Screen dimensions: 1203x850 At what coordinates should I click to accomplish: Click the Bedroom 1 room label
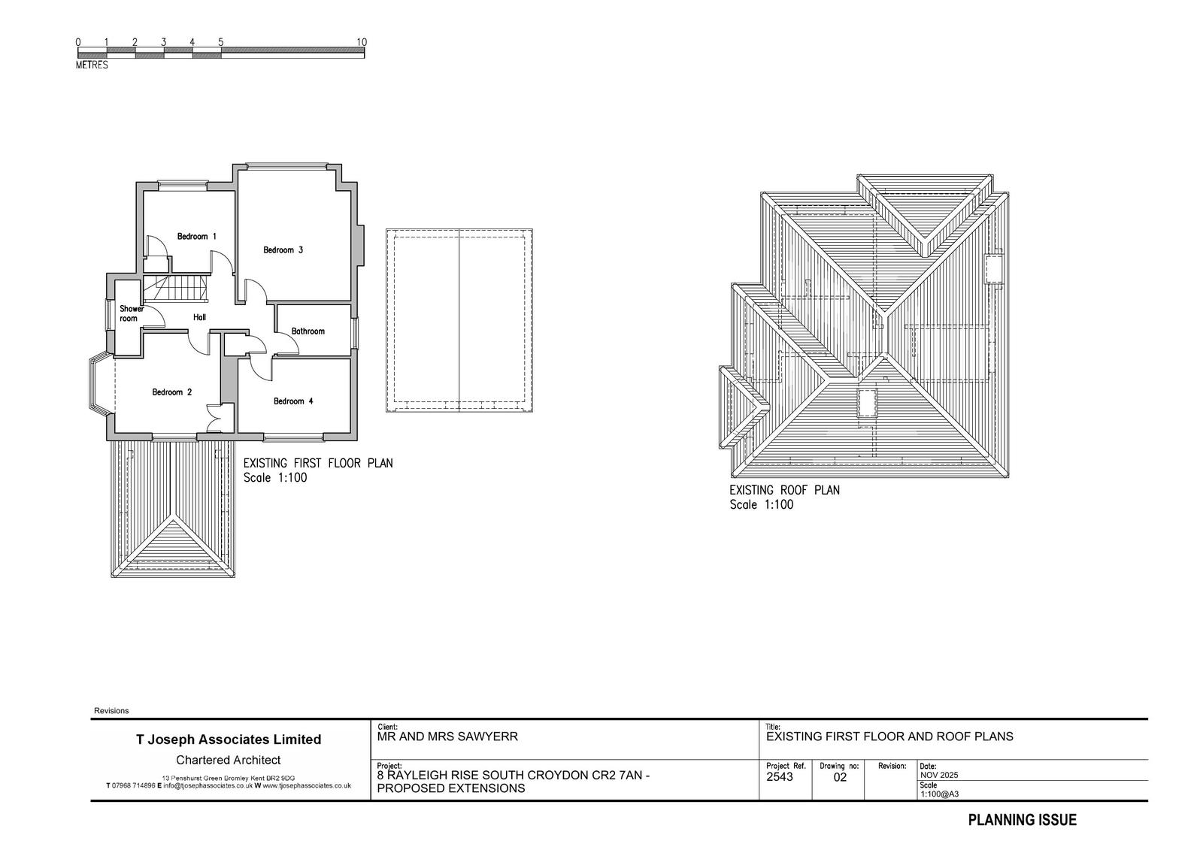pyautogui.click(x=196, y=236)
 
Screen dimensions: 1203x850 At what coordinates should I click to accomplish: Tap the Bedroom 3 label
pyautogui.click(x=283, y=250)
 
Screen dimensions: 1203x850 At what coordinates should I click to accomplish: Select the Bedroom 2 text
pyautogui.click(x=172, y=392)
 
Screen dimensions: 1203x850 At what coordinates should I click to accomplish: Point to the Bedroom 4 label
pyautogui.click(x=293, y=401)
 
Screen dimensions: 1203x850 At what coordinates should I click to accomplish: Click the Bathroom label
pyautogui.click(x=308, y=331)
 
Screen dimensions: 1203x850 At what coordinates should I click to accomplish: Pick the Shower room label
pyautogui.click(x=131, y=313)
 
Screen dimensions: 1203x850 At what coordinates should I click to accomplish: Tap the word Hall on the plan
pyautogui.click(x=199, y=317)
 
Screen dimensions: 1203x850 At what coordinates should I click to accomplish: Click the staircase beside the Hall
pyautogui.click(x=176, y=289)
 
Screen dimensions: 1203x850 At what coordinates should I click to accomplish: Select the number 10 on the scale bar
pyautogui.click(x=362, y=42)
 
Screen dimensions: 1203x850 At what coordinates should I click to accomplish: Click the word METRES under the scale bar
pyautogui.click(x=92, y=65)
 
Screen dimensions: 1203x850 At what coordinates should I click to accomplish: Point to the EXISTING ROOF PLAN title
pyautogui.click(x=784, y=490)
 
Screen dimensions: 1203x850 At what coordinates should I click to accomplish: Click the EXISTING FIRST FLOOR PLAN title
pyautogui.click(x=318, y=463)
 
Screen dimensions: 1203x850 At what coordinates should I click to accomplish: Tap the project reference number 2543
pyautogui.click(x=779, y=777)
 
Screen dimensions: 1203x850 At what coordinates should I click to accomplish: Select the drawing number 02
pyautogui.click(x=840, y=778)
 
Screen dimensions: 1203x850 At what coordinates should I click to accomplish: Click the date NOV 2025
pyautogui.click(x=939, y=775)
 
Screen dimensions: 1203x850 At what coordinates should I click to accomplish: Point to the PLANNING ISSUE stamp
pyautogui.click(x=1022, y=820)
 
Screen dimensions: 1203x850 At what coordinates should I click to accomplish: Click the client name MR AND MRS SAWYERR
pyautogui.click(x=447, y=737)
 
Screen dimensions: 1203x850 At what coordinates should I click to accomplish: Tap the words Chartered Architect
pyautogui.click(x=229, y=760)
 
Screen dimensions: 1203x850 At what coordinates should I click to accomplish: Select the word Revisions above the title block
pyautogui.click(x=111, y=710)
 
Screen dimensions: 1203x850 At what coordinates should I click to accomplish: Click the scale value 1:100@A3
pyautogui.click(x=939, y=794)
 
